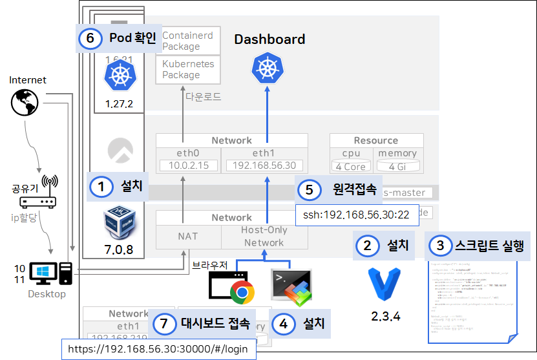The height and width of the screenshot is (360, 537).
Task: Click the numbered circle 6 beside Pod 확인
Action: point(90,39)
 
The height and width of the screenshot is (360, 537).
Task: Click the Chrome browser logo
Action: point(242,292)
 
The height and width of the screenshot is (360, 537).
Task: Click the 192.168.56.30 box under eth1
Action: point(264,166)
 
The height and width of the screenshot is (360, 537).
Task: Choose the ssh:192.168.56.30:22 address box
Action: point(357,215)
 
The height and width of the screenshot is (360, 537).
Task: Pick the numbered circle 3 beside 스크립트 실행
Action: point(441,246)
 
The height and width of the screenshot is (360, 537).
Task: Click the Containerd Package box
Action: point(188,40)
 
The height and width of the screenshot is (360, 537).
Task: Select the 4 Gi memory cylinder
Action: point(397,166)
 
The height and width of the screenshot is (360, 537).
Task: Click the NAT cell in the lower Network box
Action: point(188,237)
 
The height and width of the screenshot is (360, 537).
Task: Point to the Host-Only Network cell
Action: point(264,237)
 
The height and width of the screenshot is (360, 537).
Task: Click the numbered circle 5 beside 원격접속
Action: point(310,189)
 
